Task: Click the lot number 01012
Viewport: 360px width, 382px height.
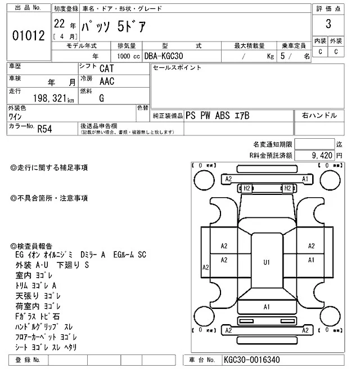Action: click(28, 37)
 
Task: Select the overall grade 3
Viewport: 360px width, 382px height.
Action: click(328, 25)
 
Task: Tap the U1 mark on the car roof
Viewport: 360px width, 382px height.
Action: click(267, 262)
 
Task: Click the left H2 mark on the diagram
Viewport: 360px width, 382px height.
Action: click(246, 188)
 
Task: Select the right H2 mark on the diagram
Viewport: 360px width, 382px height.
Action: click(287, 188)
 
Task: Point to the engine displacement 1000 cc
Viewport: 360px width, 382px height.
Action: click(128, 56)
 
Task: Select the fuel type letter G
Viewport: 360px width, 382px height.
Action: click(101, 98)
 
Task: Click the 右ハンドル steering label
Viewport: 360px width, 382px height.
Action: click(319, 115)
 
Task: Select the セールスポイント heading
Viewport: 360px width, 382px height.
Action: click(177, 67)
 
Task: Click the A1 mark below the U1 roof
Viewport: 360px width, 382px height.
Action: click(267, 307)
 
